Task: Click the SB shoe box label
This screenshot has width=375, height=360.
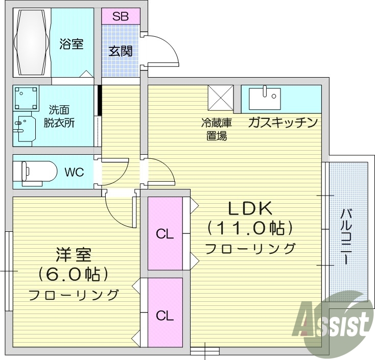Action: pos(120,16)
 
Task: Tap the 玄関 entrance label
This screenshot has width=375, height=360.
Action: pos(120,51)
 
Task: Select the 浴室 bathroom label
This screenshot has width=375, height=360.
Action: pos(71,44)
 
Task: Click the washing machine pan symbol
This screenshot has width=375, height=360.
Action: pos(27,97)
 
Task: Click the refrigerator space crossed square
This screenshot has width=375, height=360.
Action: pos(220,97)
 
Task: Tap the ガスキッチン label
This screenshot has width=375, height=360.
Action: pos(283,123)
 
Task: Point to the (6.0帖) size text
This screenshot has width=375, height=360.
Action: pos(73,275)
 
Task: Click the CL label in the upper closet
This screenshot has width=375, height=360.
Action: pos(165,234)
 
